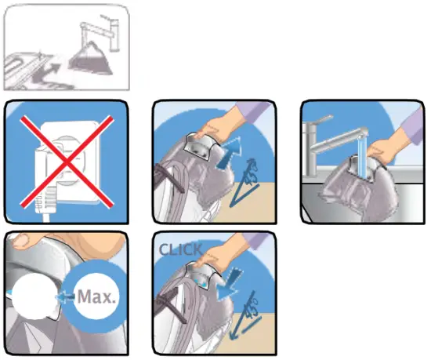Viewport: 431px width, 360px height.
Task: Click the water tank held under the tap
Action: (349, 185)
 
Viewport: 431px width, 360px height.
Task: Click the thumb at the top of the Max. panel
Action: (31, 240)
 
